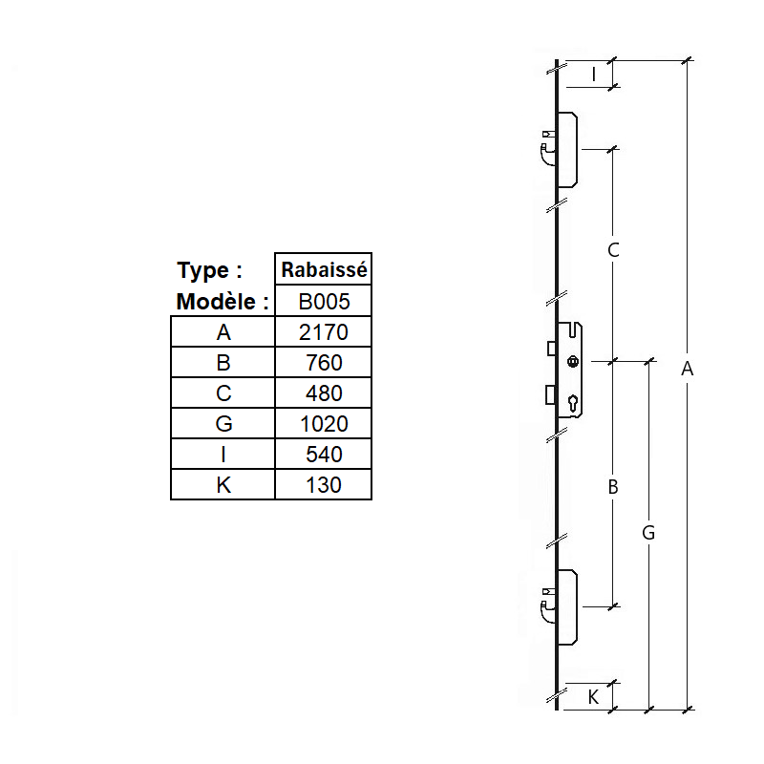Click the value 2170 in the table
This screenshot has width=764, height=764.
point(324,332)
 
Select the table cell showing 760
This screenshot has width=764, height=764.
point(324,363)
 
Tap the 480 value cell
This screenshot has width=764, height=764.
point(324,393)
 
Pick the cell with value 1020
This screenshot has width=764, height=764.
point(324,424)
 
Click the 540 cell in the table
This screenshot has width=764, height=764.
point(324,455)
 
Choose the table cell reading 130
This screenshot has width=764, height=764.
point(324,485)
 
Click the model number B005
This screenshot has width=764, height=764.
point(324,302)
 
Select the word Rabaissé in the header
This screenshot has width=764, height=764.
point(324,269)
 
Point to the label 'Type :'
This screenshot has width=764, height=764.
point(209,271)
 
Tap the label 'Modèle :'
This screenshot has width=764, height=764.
point(223,302)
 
